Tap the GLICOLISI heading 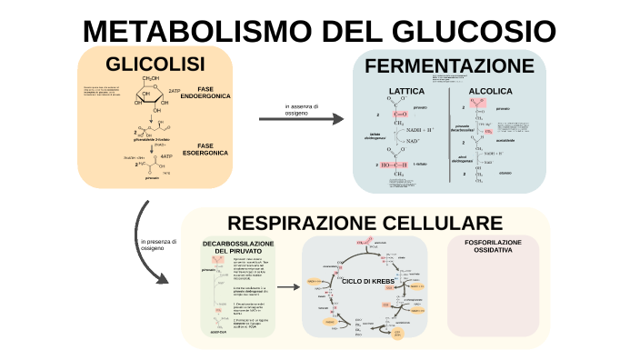(x=155, y=65)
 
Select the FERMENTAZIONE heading (x=449, y=66)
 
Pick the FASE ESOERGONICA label (x=205, y=149)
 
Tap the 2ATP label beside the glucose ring (x=175, y=91)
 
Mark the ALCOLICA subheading (x=490, y=92)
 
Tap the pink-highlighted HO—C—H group (x=401, y=165)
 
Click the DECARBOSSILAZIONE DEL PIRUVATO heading (x=238, y=247)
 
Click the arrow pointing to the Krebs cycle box (x=288, y=287)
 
